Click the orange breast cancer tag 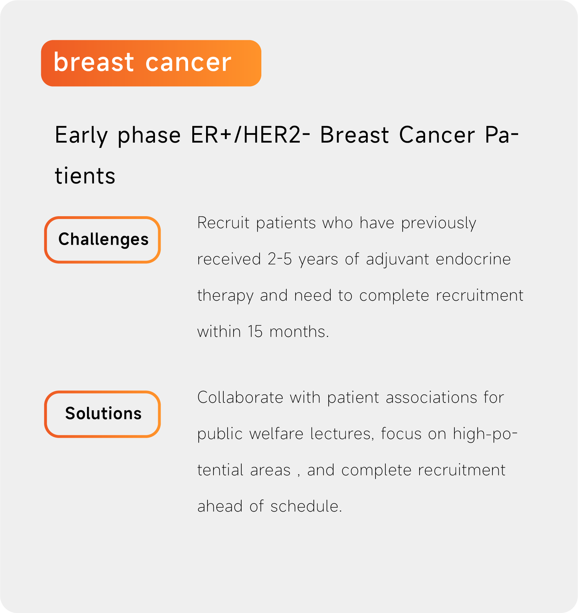[151, 63]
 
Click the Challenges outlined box [102, 240]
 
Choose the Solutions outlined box [102, 414]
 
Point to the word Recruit [223, 223]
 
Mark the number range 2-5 [280, 259]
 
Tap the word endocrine [473, 259]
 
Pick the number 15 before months [255, 332]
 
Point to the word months [299, 332]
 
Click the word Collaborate [241, 398]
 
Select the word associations [431, 398]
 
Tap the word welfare [276, 434]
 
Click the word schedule [306, 506]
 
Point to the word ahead [220, 506]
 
